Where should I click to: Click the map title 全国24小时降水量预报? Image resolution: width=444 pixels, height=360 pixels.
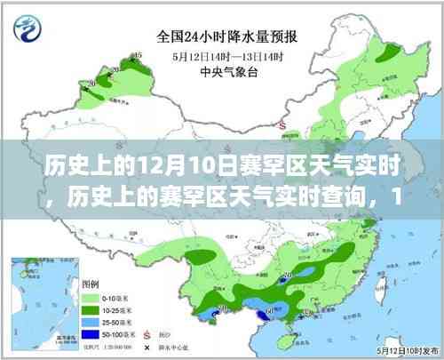[x=227, y=36]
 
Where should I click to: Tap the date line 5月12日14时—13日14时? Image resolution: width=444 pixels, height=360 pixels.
[x=227, y=56]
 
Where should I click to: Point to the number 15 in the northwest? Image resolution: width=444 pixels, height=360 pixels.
[x=138, y=56]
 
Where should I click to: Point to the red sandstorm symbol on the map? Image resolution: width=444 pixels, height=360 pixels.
[x=281, y=126]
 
